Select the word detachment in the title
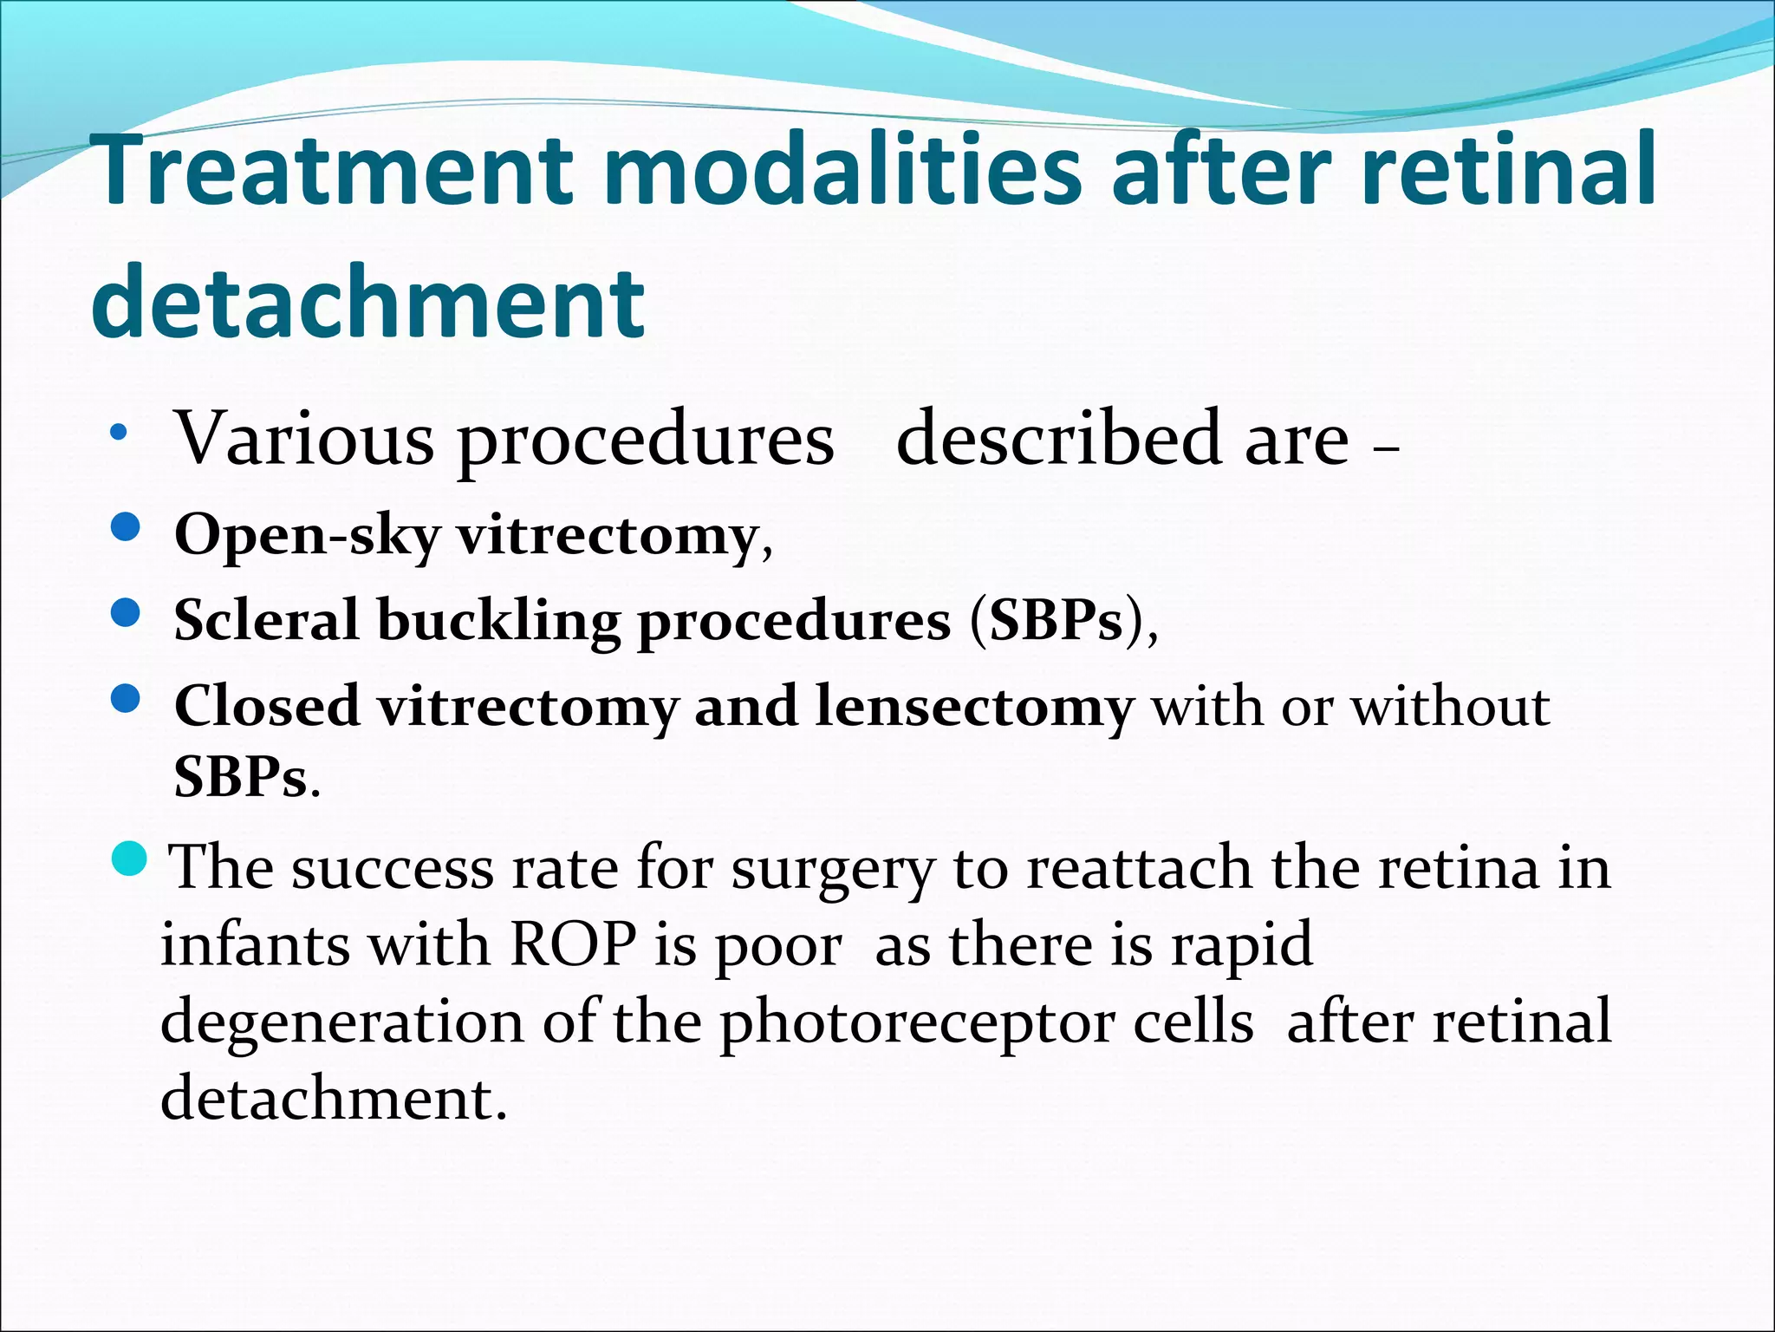tap(368, 303)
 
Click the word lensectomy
tap(974, 707)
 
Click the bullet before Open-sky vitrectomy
tap(127, 528)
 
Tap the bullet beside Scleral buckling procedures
tap(127, 613)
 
